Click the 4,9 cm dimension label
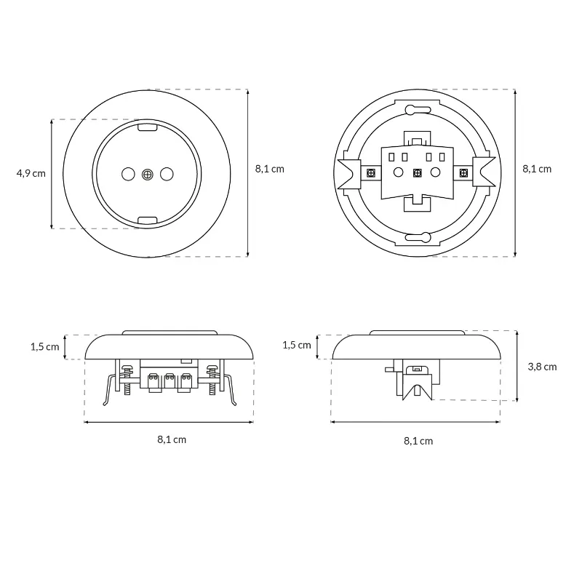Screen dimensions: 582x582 coord(31,173)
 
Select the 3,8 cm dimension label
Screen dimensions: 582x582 coord(542,367)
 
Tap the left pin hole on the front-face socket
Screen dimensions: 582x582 coord(129,174)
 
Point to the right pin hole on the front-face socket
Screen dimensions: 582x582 coord(167,174)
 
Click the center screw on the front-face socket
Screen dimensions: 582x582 coord(148,174)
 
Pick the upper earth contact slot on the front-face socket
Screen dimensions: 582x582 coord(148,127)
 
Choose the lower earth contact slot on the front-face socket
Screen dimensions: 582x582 coord(148,220)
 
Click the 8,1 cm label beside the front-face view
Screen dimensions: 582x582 coord(269,169)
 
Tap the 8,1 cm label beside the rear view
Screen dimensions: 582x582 coord(537,169)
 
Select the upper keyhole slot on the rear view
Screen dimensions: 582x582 coord(418,110)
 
